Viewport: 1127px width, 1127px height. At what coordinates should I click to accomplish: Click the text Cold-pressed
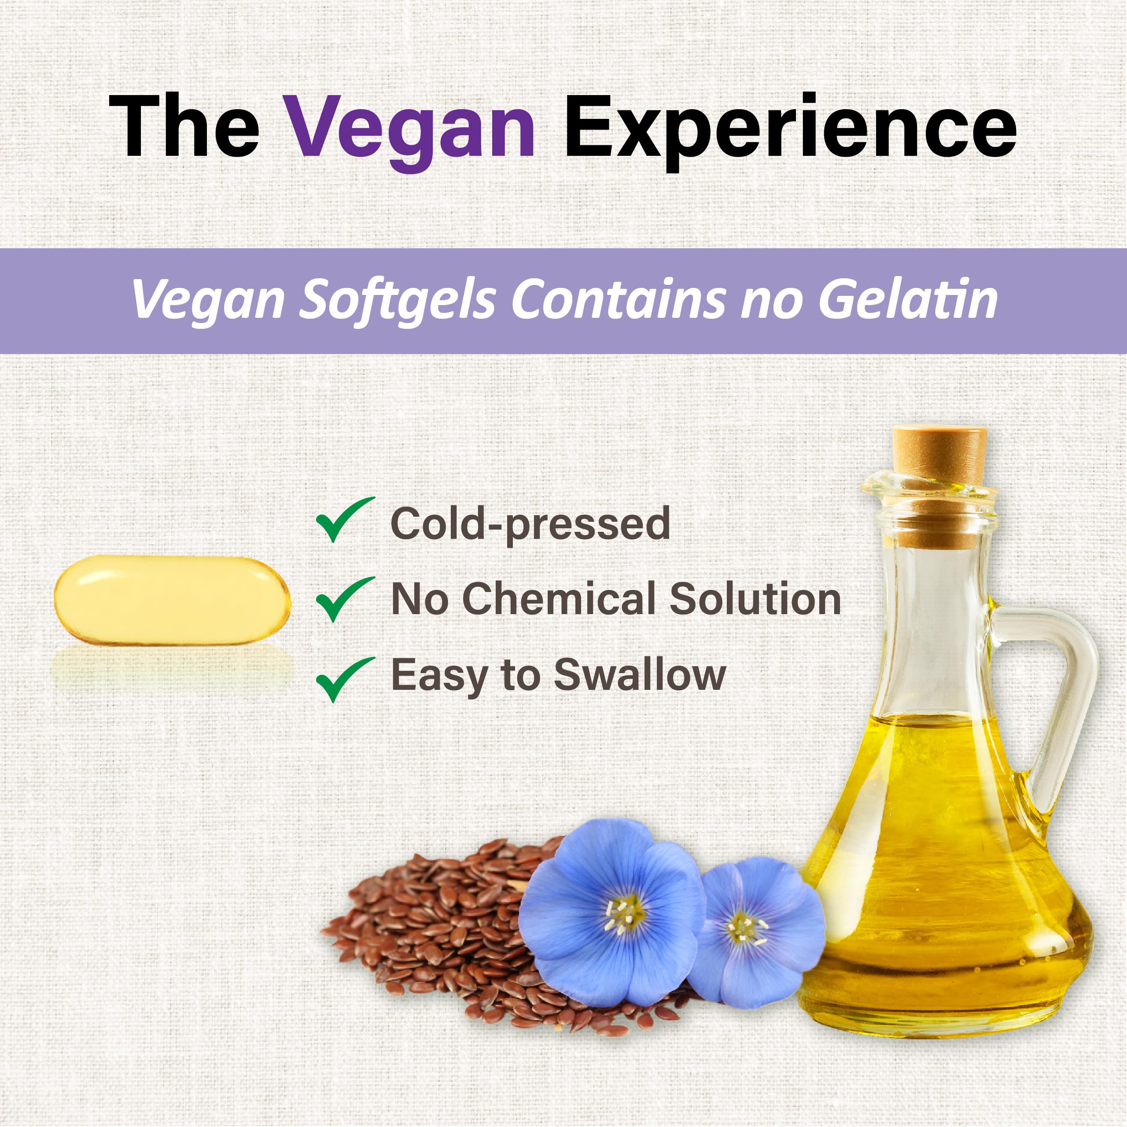pyautogui.click(x=530, y=523)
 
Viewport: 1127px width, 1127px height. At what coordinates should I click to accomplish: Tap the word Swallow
pyautogui.click(x=639, y=675)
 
